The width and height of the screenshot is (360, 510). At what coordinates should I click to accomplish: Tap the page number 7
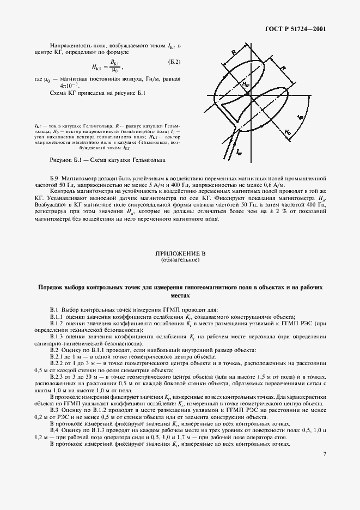point(324,453)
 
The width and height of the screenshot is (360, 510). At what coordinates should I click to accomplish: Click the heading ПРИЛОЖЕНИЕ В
point(180,254)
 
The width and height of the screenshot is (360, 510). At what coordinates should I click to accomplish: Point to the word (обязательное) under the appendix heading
point(180,260)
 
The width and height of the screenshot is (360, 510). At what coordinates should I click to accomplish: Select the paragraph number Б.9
point(54,178)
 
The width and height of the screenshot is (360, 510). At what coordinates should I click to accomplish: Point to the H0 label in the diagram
point(288,132)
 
